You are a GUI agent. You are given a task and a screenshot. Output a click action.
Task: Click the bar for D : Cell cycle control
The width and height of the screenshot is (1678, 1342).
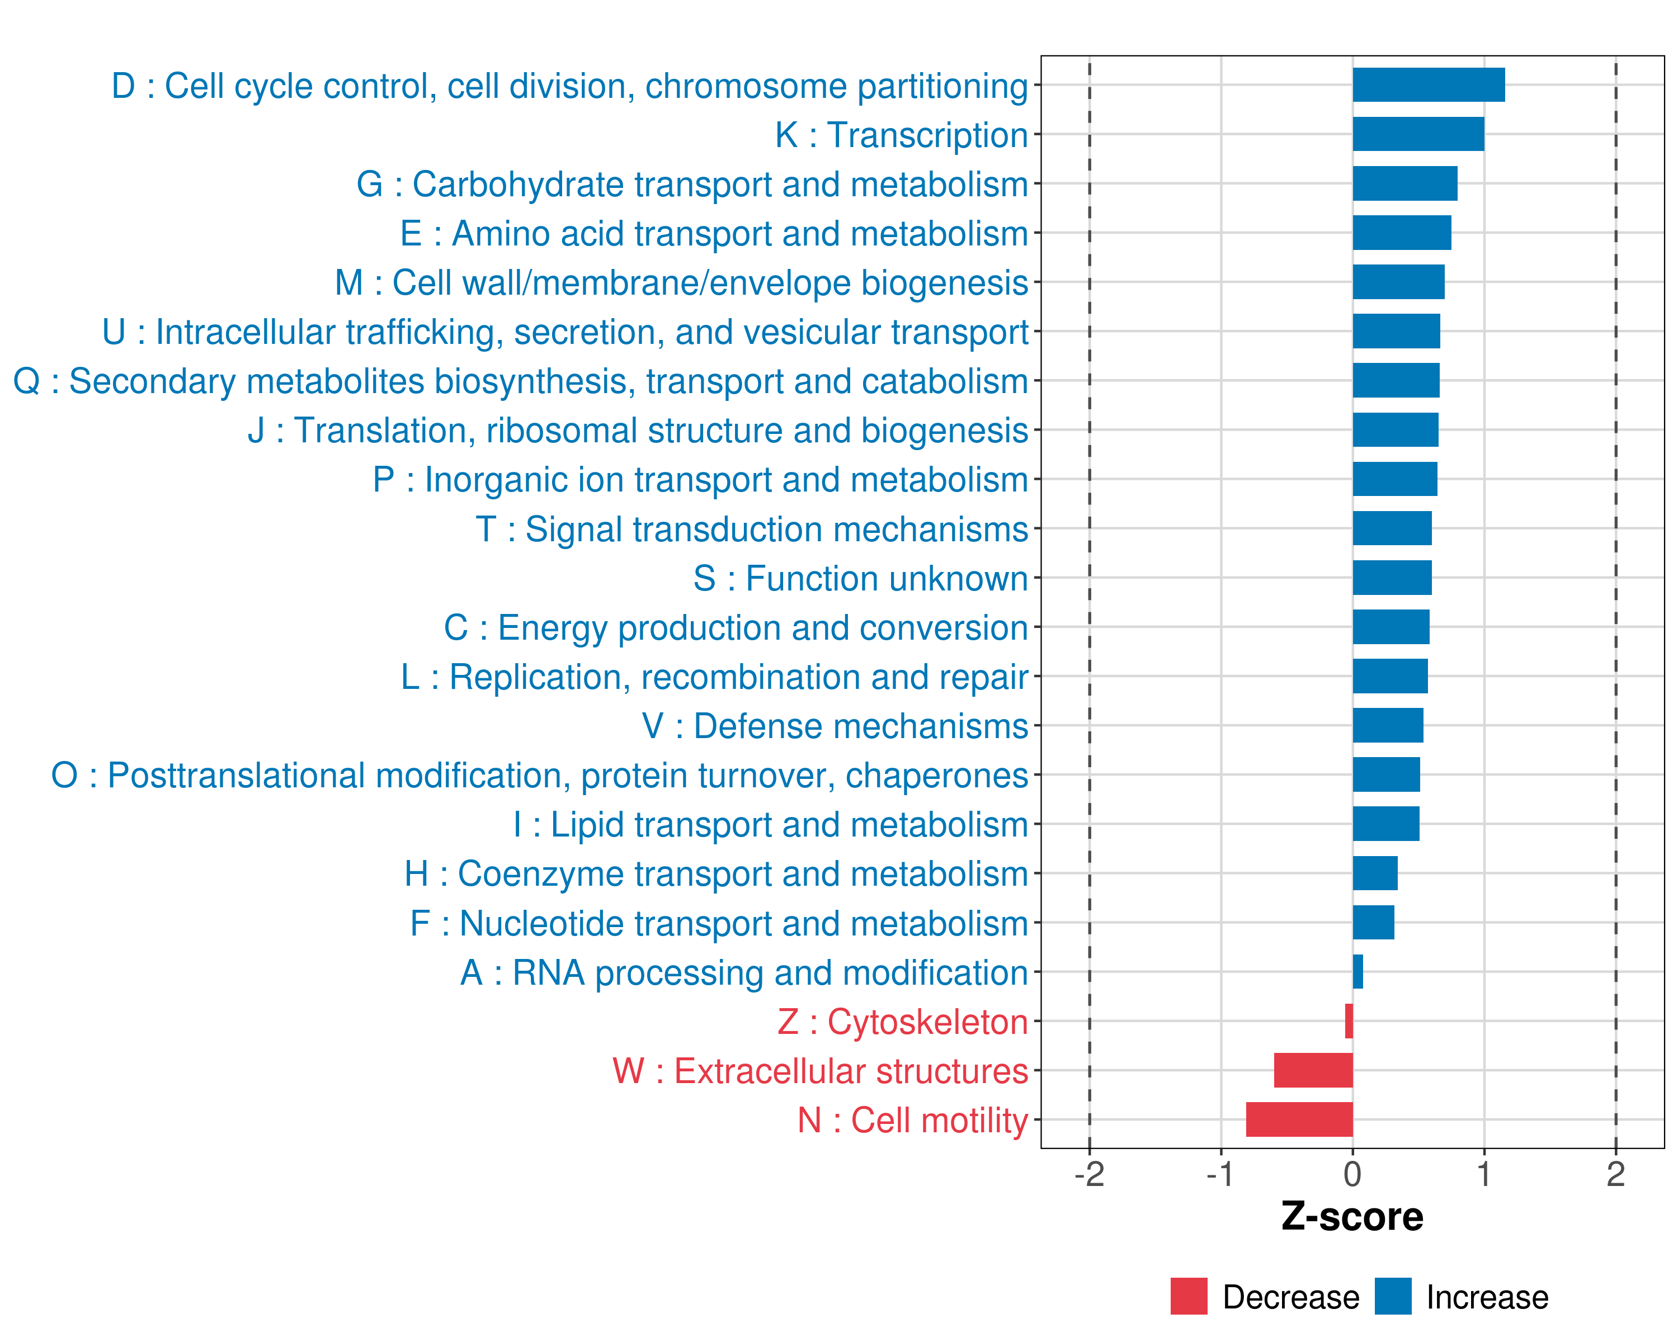(1428, 85)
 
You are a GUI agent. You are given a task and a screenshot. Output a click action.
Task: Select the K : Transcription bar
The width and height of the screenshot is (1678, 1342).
(1418, 134)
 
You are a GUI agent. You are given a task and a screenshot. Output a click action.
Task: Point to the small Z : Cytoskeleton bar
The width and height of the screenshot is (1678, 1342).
(1349, 1020)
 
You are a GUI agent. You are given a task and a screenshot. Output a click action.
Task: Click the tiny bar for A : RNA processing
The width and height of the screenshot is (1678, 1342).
(1358, 972)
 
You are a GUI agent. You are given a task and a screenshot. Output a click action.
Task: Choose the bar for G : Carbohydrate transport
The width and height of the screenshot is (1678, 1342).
(1405, 183)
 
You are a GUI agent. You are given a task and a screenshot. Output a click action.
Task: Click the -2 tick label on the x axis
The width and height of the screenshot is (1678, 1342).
(1089, 1174)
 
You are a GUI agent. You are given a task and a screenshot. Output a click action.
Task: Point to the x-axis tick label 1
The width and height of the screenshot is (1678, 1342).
(1484, 1174)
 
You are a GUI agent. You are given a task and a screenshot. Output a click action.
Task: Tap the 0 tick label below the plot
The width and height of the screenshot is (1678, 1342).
(1352, 1174)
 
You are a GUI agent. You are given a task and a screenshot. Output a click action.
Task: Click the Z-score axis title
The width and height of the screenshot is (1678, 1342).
(1352, 1217)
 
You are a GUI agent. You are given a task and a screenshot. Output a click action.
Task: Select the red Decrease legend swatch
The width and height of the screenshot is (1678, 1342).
(1189, 1296)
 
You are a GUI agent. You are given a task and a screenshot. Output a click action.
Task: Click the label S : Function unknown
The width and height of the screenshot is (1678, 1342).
(861, 579)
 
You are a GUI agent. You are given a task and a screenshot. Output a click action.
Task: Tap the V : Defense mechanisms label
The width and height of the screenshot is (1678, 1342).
(835, 726)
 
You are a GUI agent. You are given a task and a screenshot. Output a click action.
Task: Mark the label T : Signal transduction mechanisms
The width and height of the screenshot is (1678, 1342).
(752, 530)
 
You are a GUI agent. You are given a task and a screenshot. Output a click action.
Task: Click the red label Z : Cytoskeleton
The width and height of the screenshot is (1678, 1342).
(903, 1022)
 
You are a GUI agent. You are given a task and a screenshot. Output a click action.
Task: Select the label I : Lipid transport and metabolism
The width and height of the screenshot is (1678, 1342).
(771, 825)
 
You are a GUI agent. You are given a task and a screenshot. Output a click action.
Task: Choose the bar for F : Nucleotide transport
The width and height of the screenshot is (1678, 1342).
(1374, 923)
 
